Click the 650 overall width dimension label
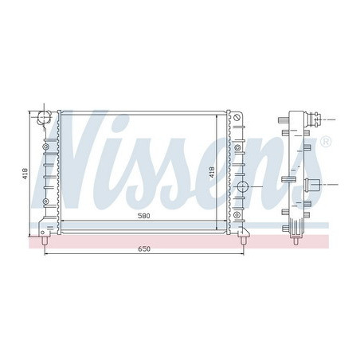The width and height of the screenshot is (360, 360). [x=144, y=249]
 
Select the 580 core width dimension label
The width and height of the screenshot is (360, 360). [x=144, y=216]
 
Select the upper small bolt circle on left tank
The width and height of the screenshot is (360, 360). [x=46, y=147]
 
